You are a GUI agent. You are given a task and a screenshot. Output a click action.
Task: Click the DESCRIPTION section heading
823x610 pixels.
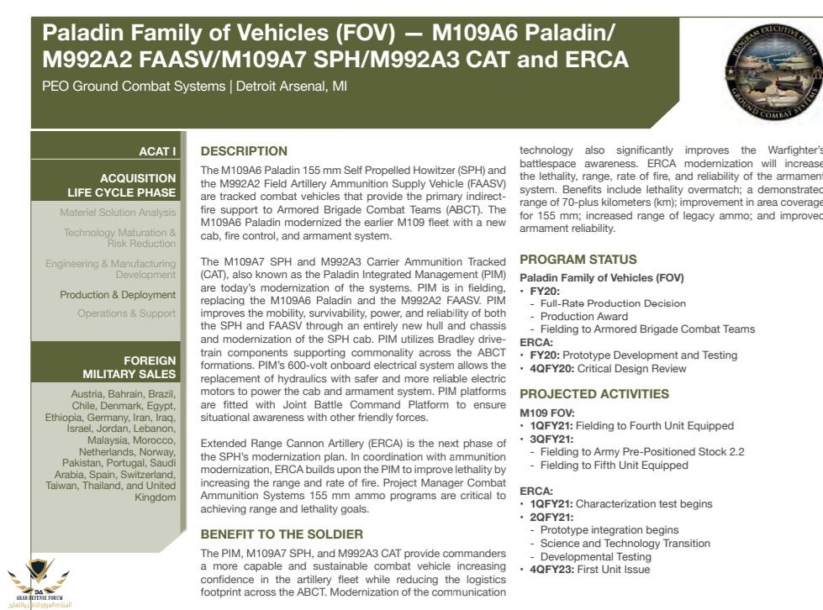point(244,151)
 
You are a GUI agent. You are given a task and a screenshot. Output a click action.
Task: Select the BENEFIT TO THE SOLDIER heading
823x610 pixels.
point(282,534)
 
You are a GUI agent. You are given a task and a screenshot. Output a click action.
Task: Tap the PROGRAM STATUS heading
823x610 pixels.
point(578,260)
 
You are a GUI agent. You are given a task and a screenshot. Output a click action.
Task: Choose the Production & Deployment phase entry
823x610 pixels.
point(118,295)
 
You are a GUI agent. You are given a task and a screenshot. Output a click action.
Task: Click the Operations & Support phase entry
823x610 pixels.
point(127,313)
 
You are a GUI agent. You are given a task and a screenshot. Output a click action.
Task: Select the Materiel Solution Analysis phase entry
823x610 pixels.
point(118,213)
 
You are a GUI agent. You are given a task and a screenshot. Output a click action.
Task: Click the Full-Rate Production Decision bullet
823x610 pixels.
point(613,303)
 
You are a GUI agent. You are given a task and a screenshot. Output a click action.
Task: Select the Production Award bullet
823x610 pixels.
point(583,317)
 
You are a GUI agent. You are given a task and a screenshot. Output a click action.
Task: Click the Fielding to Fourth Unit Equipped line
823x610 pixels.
point(630,426)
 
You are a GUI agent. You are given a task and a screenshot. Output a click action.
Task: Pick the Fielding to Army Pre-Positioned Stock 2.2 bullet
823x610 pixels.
point(642,452)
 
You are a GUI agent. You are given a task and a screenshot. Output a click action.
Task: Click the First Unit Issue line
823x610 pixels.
point(589,570)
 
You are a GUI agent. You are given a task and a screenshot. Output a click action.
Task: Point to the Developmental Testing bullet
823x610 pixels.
point(595,556)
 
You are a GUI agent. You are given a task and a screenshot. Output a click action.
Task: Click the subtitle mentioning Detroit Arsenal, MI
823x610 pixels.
point(194,87)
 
